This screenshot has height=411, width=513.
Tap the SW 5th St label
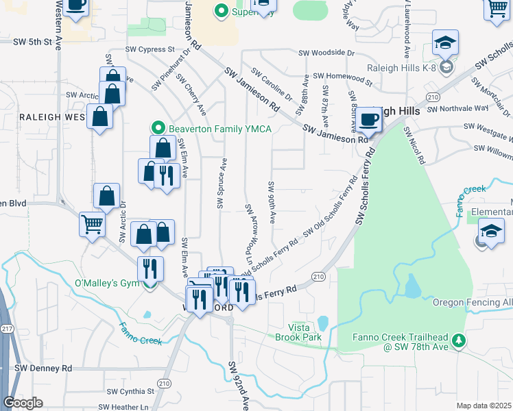(32, 42)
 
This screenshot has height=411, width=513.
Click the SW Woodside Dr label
(326, 52)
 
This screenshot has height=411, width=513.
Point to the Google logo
(23, 403)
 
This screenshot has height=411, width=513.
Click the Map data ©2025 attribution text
(484, 406)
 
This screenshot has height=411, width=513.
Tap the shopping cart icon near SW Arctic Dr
(91, 223)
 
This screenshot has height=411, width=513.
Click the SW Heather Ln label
(123, 407)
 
